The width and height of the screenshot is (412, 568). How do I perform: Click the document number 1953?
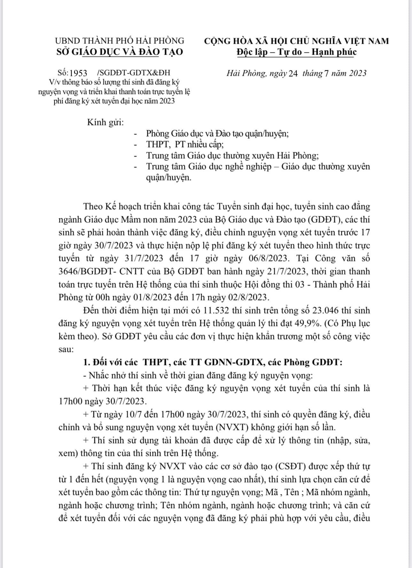pyautogui.click(x=78, y=73)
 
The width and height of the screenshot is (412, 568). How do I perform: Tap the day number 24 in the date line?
pyautogui.click(x=293, y=73)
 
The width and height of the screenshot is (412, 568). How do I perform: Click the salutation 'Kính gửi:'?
pyautogui.click(x=105, y=123)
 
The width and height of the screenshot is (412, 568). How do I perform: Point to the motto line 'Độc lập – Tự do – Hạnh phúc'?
pyautogui.click(x=296, y=52)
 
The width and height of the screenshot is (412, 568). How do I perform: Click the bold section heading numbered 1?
pyautogui.click(x=213, y=363)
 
